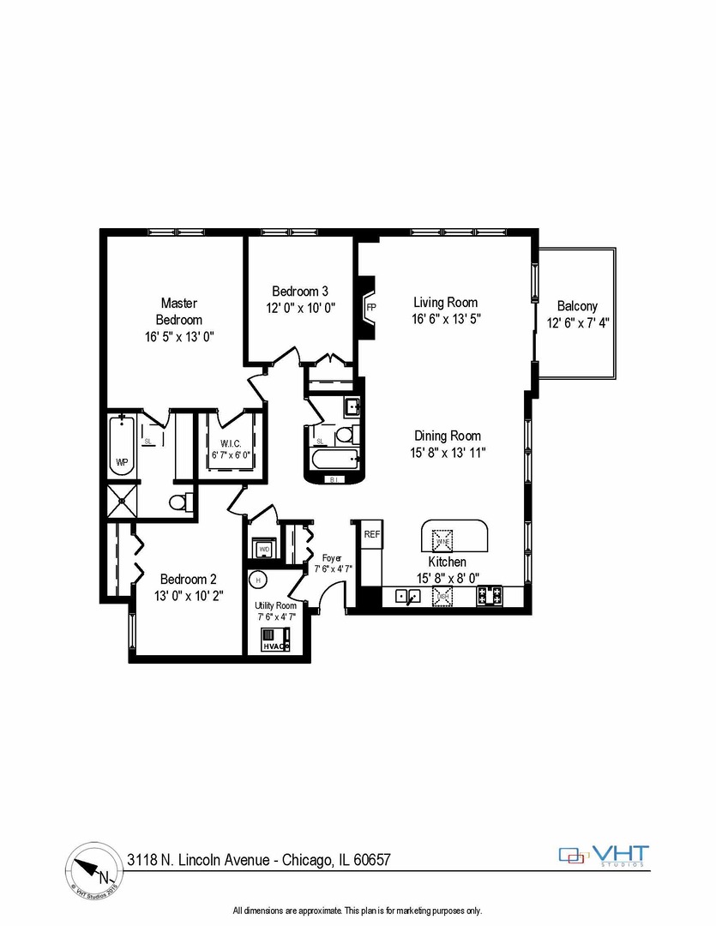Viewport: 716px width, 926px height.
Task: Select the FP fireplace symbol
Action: point(371,307)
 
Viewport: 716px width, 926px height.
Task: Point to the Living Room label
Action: point(445,303)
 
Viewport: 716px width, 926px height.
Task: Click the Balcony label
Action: point(577,306)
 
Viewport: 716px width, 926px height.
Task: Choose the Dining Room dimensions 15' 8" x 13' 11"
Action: point(448,452)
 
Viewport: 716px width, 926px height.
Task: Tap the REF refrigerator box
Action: point(371,534)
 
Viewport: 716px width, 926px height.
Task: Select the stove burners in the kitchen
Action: point(490,594)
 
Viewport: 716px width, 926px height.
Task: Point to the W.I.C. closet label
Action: point(231,443)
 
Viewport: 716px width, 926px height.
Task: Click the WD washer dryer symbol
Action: point(264,547)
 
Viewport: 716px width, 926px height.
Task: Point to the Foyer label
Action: point(331,557)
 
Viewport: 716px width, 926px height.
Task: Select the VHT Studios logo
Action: point(605,855)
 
